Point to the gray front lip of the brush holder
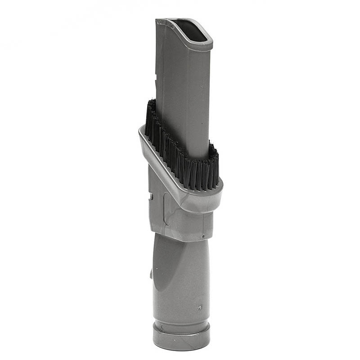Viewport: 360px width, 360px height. click(198, 198)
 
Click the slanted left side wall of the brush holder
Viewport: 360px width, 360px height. click(153, 157)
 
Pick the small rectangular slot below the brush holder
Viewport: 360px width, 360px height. click(152, 197)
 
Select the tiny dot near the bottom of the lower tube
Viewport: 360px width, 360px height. click(199, 308)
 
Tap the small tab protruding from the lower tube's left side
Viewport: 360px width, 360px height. click(151, 272)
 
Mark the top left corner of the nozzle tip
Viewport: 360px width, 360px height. click(157, 20)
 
